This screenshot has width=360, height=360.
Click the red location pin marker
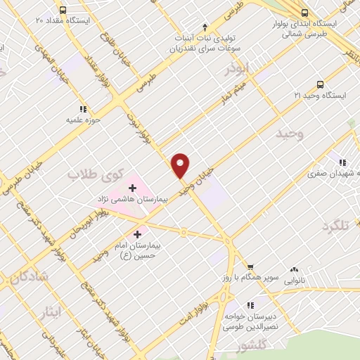(x=181, y=165)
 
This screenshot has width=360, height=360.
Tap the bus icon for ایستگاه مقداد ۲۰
(x=63, y=10)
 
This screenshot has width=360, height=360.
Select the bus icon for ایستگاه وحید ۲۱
(x=320, y=84)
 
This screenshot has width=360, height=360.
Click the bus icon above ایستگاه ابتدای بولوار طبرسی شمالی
(x=304, y=12)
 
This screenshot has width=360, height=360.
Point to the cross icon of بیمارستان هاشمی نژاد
(x=132, y=188)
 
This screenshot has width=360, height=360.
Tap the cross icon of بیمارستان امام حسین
(x=137, y=233)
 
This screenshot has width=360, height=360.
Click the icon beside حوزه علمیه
(x=83, y=109)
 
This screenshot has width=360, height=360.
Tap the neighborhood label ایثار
(x=51, y=311)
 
